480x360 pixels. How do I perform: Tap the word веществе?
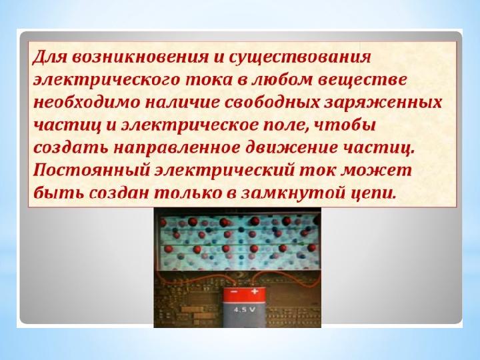tap(362, 80)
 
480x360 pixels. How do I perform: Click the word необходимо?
tap(86, 102)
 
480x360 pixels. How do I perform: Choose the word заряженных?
tap(383, 103)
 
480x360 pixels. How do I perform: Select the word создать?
tap(71, 148)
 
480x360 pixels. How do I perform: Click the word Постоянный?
tap(91, 171)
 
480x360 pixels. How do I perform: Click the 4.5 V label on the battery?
tap(244, 309)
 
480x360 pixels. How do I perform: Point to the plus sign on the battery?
tap(255, 291)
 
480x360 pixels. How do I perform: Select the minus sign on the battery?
tap(233, 292)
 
